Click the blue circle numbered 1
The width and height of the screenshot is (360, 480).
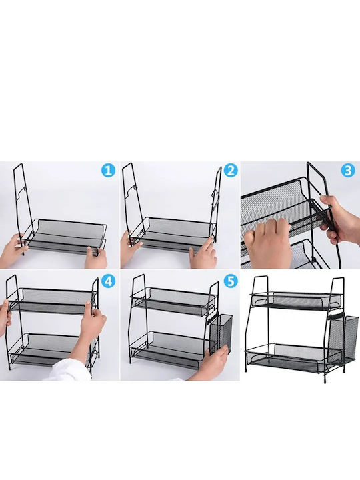(x=109, y=170)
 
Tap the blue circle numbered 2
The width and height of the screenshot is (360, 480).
(x=231, y=171)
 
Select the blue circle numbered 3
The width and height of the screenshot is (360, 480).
(x=348, y=170)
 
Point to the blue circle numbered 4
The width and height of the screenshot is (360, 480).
(x=109, y=281)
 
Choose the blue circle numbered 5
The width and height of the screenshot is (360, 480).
(x=231, y=281)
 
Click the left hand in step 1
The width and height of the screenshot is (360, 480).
(x=11, y=249)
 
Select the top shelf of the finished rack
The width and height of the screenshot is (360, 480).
(x=295, y=300)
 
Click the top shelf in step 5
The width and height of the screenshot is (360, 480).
(x=173, y=301)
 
